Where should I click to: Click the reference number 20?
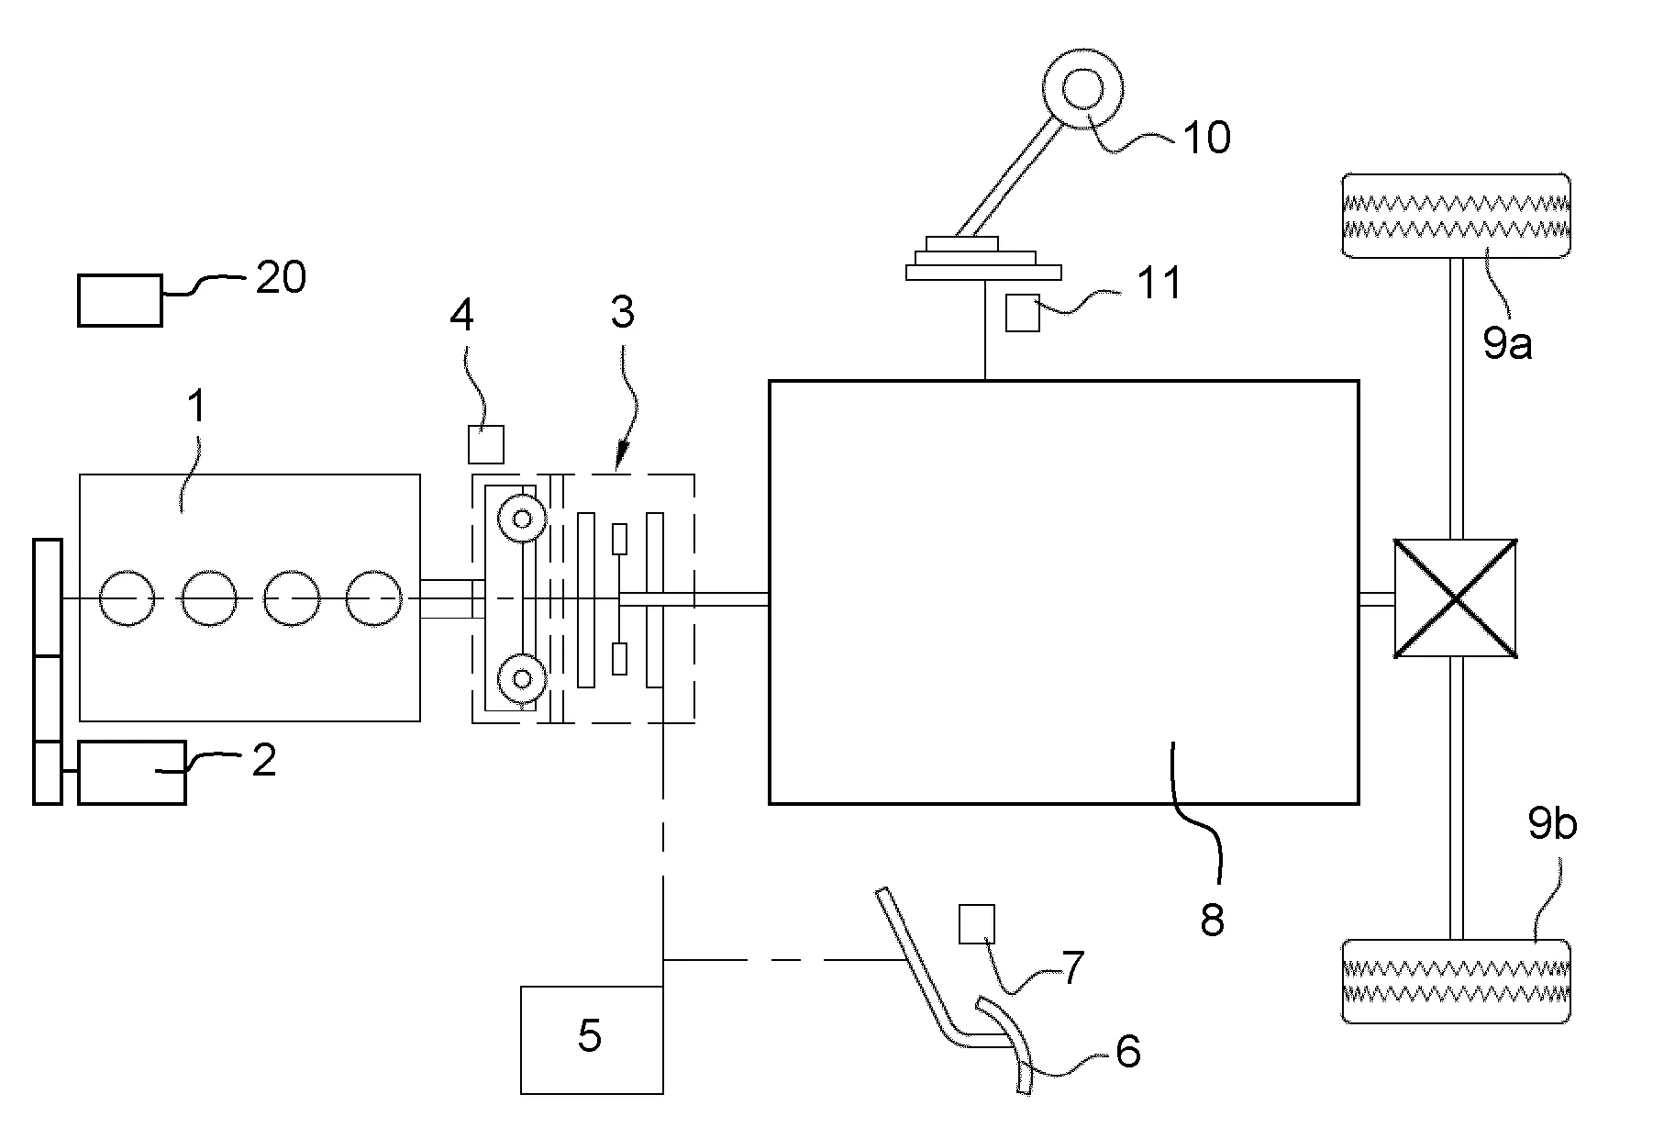click(281, 276)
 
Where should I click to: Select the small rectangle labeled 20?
click(120, 300)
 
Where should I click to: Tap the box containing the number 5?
click(592, 1040)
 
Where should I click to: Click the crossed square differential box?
click(1455, 598)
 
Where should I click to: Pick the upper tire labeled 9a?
click(1456, 216)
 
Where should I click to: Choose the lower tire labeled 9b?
click(1456, 980)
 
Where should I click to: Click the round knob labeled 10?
click(1083, 90)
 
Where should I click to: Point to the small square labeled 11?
click(1023, 313)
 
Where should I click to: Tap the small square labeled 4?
click(486, 444)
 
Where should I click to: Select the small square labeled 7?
click(977, 923)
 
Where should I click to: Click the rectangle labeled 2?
click(132, 773)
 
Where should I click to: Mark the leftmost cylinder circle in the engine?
click(128, 598)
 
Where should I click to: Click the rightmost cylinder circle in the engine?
click(374, 598)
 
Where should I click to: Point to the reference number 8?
click(1212, 919)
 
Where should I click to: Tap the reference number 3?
click(623, 313)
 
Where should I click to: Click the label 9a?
click(1507, 344)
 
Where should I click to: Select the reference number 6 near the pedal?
click(1127, 1051)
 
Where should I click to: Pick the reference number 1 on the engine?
click(197, 407)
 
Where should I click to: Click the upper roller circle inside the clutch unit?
click(522, 519)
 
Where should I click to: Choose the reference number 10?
click(1206, 138)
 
